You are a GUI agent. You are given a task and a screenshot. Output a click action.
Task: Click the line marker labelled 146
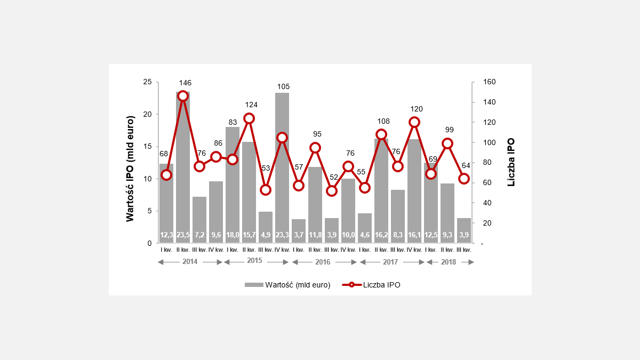coord(183,96)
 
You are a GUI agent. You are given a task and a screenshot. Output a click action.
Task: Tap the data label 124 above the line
coord(250,105)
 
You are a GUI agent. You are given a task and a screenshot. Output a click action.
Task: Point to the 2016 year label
coord(323,262)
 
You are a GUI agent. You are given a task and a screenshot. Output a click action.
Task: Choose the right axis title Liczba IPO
coord(511,162)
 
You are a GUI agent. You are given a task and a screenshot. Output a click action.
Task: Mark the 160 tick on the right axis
coord(489,82)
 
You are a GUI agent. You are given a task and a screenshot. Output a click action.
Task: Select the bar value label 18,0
coord(233,235)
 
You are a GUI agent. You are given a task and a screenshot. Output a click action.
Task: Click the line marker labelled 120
coord(414,122)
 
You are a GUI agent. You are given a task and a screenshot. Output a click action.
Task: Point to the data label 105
coord(283,86)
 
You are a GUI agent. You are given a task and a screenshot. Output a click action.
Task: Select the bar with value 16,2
coord(381,187)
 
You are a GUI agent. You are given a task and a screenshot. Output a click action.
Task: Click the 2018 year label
coord(449,262)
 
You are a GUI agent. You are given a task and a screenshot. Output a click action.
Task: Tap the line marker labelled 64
coord(464,179)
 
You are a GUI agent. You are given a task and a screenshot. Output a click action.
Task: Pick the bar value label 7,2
coord(199,235)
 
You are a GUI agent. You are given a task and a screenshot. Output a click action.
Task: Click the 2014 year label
coord(190,262)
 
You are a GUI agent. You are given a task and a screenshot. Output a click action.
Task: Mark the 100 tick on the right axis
coord(489,142)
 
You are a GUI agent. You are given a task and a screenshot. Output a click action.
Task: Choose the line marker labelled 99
coord(447,143)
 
